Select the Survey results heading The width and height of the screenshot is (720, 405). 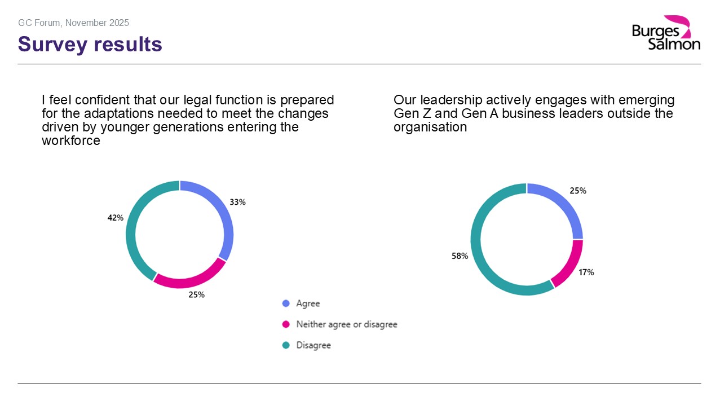click(90, 44)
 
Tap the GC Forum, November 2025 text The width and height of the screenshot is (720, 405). click(74, 23)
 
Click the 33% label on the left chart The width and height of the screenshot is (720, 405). click(237, 202)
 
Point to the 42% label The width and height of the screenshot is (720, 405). click(116, 218)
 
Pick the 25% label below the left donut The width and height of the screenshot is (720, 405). click(196, 294)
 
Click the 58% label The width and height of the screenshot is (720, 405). click(460, 256)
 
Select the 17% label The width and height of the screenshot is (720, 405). click(586, 272)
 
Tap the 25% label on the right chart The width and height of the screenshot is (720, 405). click(578, 191)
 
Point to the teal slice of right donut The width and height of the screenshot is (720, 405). click(479, 254)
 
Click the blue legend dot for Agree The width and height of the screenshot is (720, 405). click(286, 303)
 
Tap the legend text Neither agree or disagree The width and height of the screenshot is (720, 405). click(347, 324)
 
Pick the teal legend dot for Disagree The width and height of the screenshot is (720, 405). click(286, 345)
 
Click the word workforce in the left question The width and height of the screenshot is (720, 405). click(71, 141)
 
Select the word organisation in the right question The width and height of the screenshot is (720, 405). click(430, 127)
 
